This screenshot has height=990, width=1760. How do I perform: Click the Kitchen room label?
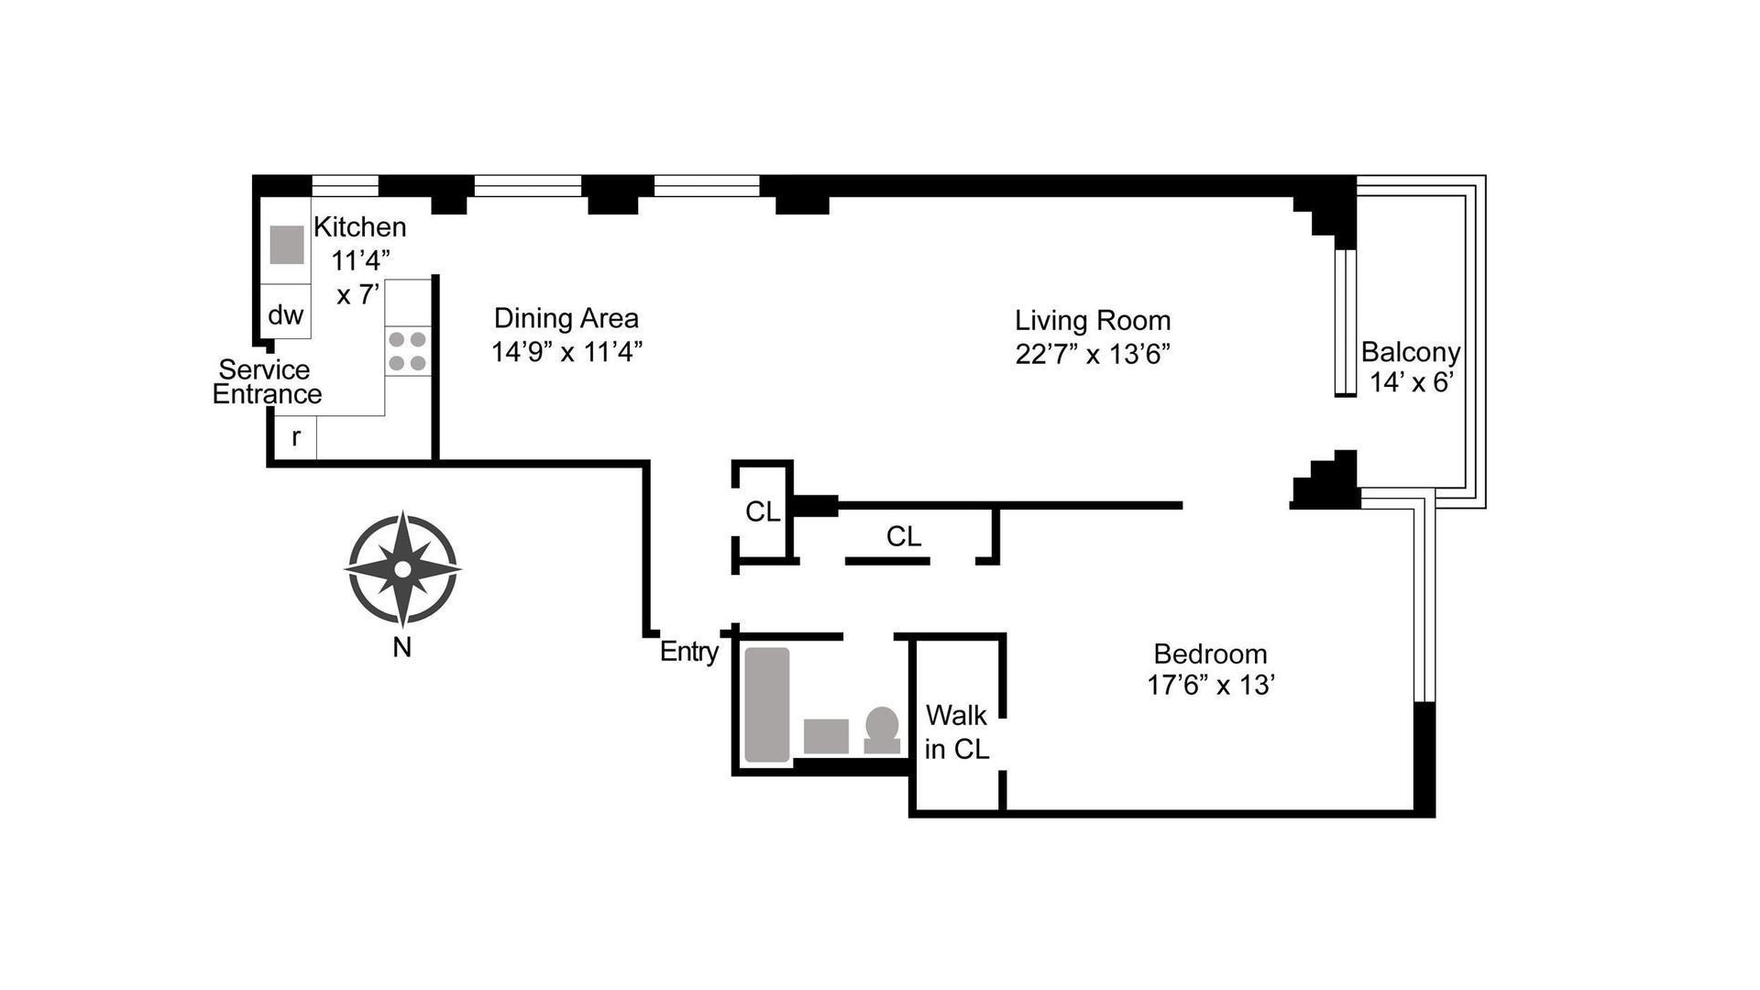(359, 227)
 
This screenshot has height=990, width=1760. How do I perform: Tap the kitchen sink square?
(287, 245)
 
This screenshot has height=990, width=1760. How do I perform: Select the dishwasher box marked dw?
(285, 312)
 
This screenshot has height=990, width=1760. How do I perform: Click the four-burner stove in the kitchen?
(407, 351)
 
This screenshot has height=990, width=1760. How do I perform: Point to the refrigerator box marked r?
(296, 437)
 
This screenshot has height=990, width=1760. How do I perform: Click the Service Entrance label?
(267, 382)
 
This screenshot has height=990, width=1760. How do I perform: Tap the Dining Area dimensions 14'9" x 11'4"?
(566, 352)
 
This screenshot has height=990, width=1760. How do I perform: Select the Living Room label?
(1093, 321)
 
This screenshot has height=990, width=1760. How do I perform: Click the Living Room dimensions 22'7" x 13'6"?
(1093, 354)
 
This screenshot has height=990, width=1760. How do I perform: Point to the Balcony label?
(1411, 352)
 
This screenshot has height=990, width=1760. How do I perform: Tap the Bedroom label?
(1210, 654)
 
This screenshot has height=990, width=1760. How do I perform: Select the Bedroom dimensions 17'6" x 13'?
(1210, 685)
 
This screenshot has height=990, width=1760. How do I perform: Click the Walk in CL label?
(957, 732)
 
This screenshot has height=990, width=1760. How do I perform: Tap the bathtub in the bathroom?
(767, 705)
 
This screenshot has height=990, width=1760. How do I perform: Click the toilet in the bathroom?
(882, 731)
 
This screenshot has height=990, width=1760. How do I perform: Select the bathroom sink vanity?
(826, 736)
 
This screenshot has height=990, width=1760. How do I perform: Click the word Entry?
(689, 652)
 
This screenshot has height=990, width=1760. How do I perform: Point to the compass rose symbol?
(402, 569)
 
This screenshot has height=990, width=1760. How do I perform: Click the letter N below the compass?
(401, 647)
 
